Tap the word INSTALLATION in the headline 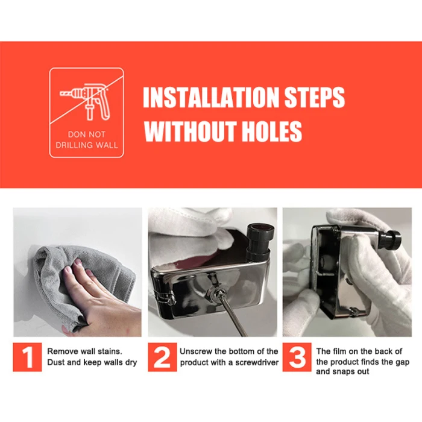(210, 97)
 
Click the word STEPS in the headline (314, 97)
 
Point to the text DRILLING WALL (87, 145)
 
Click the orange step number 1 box (27, 357)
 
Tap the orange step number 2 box (162, 357)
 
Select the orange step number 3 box (297, 357)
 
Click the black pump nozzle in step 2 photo (259, 241)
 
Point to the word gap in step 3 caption (402, 363)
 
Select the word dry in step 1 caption (131, 363)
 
